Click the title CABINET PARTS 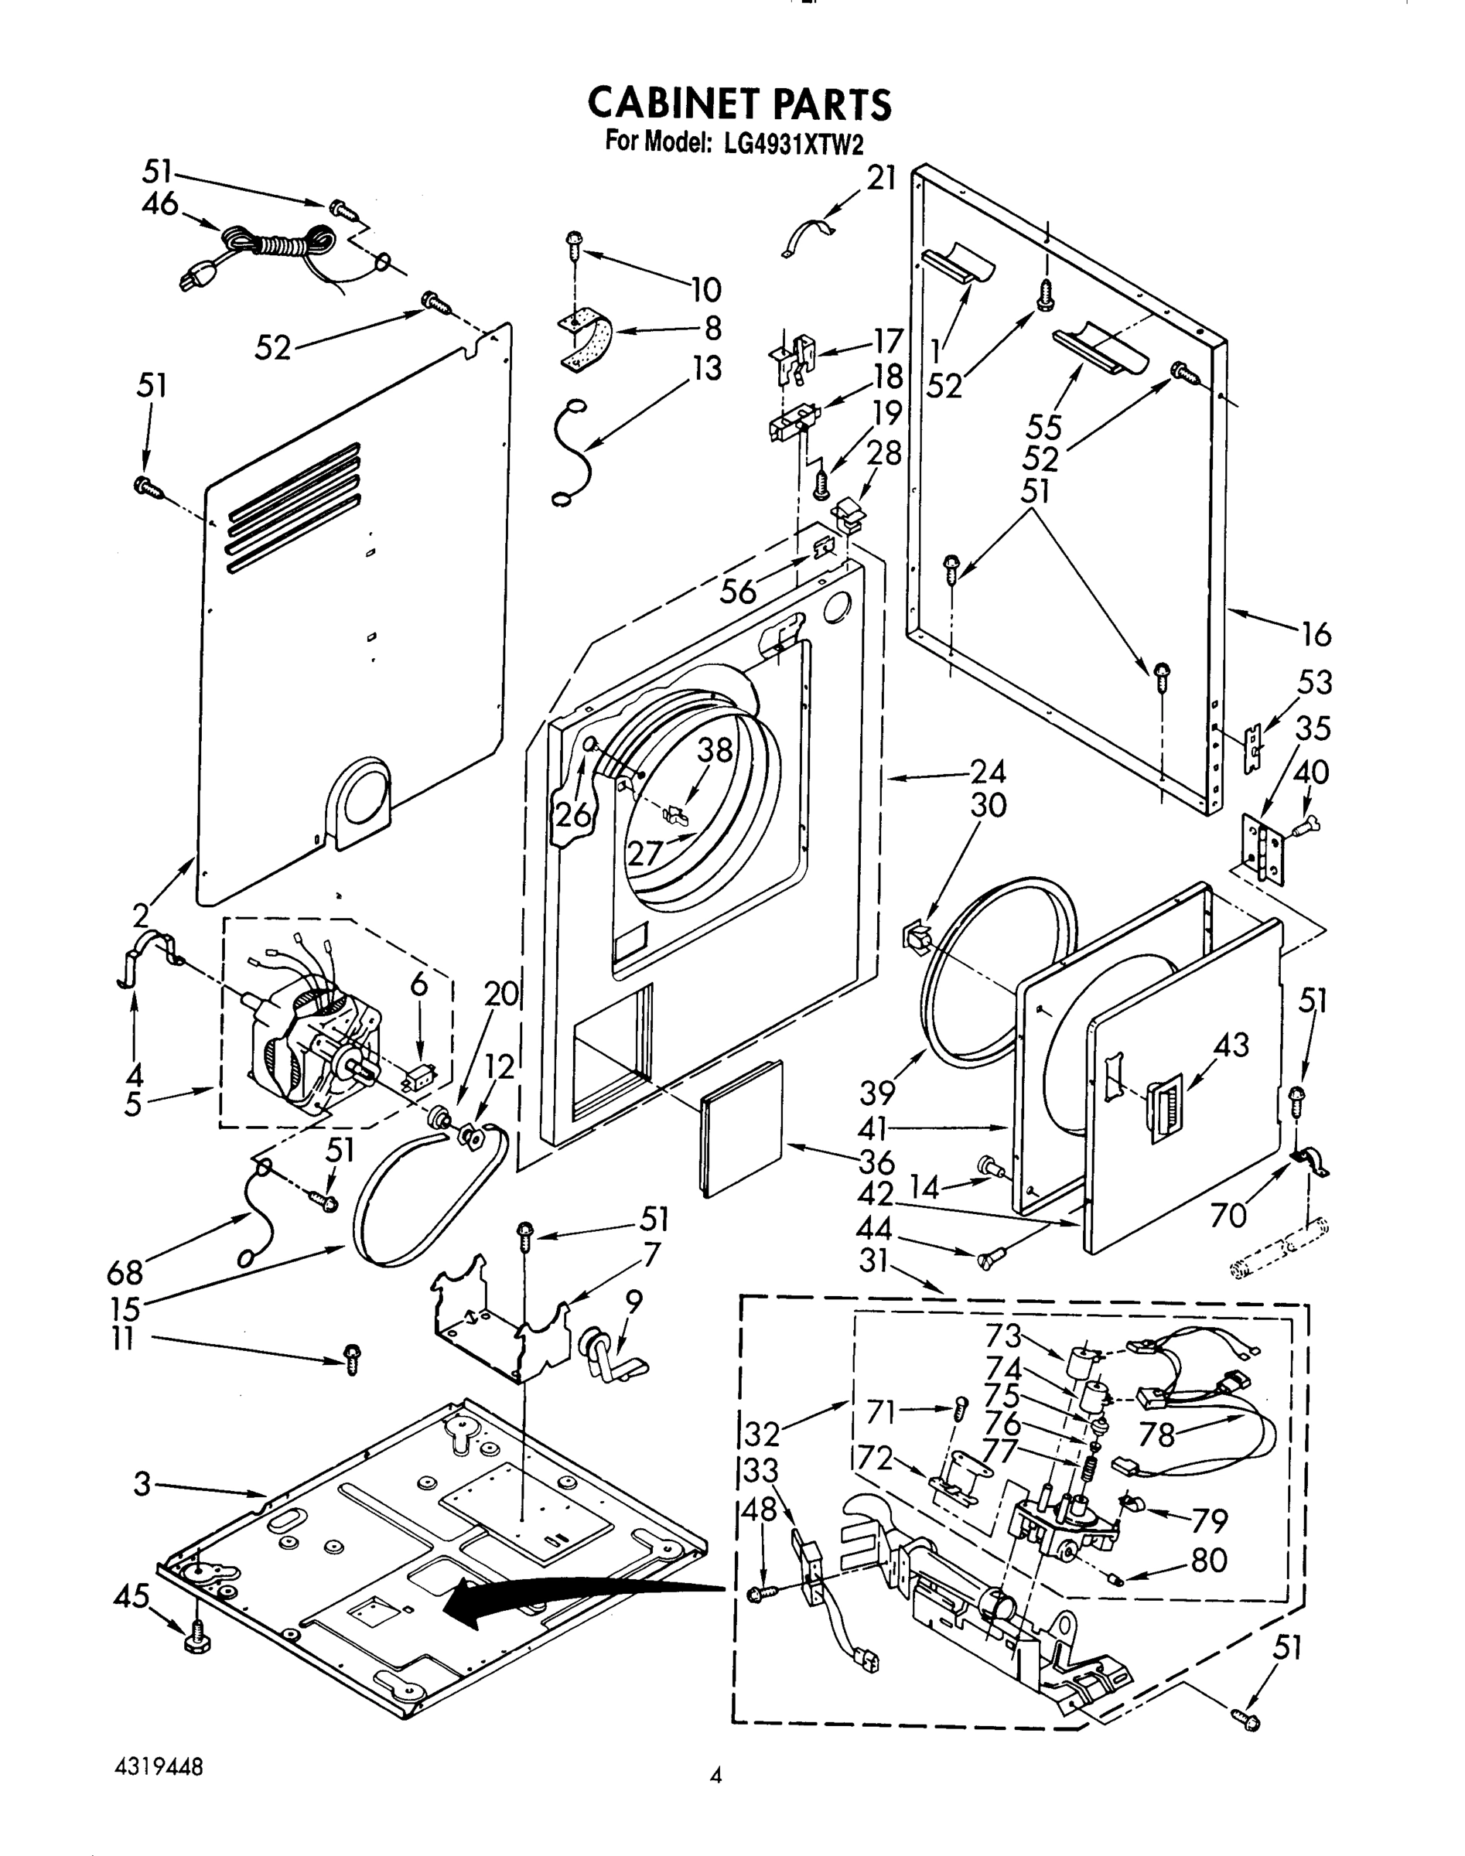(x=739, y=103)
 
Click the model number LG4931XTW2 (x=791, y=144)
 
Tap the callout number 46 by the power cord (x=159, y=204)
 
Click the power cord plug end (x=196, y=278)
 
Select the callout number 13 (x=708, y=368)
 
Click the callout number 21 (x=881, y=178)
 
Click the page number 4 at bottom (x=715, y=1776)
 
